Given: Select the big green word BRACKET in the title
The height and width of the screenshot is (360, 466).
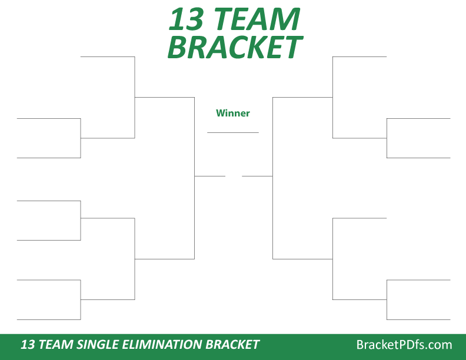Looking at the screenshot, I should (234, 47).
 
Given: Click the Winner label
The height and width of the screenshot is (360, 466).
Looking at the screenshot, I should (233, 113).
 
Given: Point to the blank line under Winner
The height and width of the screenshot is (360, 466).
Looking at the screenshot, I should (233, 132).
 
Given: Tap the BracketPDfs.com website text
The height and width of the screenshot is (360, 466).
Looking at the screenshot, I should (404, 345).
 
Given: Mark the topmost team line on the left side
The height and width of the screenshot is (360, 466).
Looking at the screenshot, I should (108, 56).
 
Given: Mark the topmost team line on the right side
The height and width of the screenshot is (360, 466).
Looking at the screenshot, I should (360, 56).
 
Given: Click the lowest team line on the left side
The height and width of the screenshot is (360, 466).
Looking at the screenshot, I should (49, 319).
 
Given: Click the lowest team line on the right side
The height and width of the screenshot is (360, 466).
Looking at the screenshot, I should (418, 319).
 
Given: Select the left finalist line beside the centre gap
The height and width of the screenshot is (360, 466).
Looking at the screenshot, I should (210, 176).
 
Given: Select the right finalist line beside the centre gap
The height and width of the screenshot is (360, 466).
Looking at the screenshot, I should (257, 176).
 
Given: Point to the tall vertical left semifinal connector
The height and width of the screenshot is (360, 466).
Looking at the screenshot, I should (194, 176).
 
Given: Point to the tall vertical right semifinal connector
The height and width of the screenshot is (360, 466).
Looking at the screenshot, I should (272, 176).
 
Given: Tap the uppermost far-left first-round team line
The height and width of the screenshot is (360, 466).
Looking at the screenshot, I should (49, 118).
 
